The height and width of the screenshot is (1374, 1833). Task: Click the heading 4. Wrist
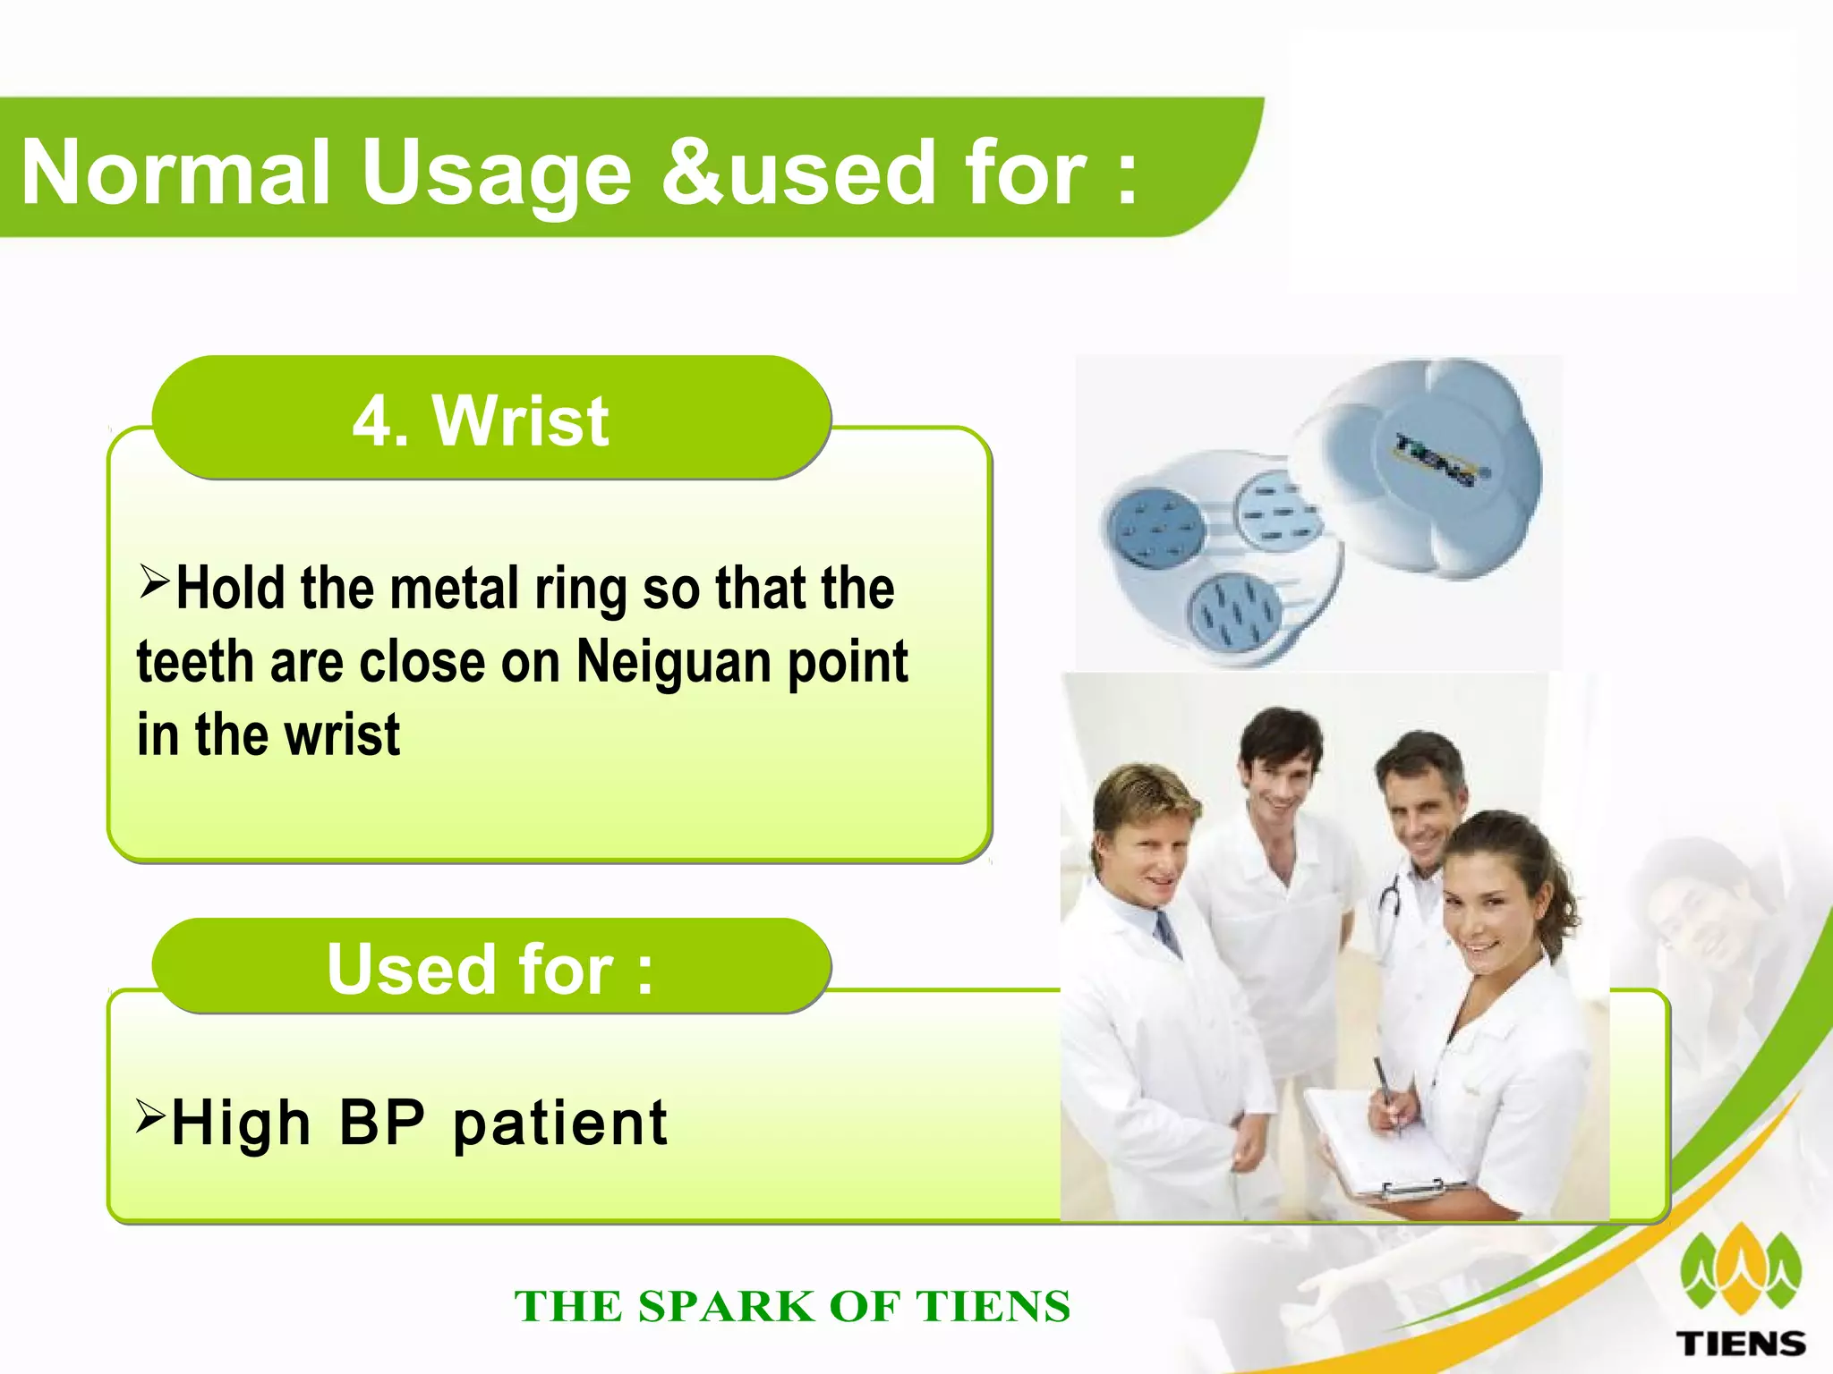[x=481, y=420]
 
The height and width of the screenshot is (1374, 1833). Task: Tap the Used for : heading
[x=490, y=969]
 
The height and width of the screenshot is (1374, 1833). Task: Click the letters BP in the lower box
[x=382, y=1123]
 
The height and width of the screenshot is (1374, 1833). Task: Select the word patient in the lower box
[x=560, y=1124]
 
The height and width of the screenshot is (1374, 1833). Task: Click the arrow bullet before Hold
[x=154, y=582]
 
